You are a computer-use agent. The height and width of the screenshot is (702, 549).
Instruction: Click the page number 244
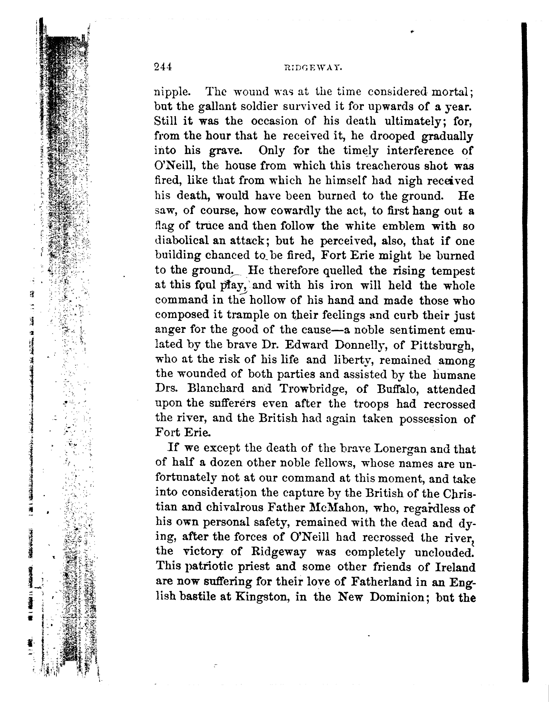point(163,67)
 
